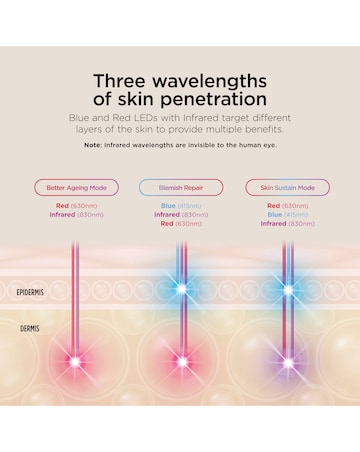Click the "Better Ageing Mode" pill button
(x=76, y=187)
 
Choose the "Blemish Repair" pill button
(x=181, y=187)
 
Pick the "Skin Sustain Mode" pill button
(x=287, y=187)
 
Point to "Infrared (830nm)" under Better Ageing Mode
(x=76, y=214)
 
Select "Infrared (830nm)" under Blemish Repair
(x=181, y=214)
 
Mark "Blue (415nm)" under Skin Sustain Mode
(x=287, y=214)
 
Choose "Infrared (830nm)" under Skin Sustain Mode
(x=287, y=223)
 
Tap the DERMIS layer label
(x=32, y=327)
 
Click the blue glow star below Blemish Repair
(x=181, y=291)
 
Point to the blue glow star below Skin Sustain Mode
(x=288, y=291)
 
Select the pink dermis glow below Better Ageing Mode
(x=74, y=360)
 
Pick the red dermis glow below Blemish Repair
(x=181, y=360)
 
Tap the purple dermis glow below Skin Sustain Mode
(x=288, y=360)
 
